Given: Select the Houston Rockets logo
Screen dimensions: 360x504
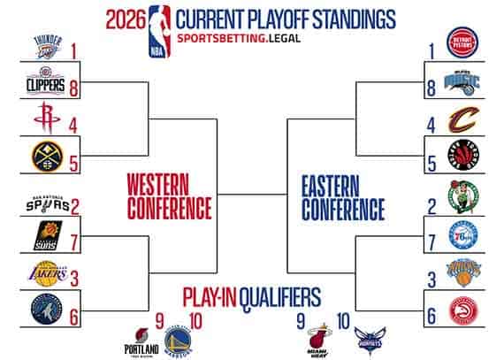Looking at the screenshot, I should pos(48,121).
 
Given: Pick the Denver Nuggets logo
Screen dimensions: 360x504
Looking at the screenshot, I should pos(48,157).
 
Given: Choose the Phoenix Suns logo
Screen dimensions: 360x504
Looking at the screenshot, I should pos(48,237).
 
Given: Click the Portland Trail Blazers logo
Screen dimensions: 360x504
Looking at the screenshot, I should pos(141,338).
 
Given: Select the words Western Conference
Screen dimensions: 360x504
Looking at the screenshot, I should pos(169,195).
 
